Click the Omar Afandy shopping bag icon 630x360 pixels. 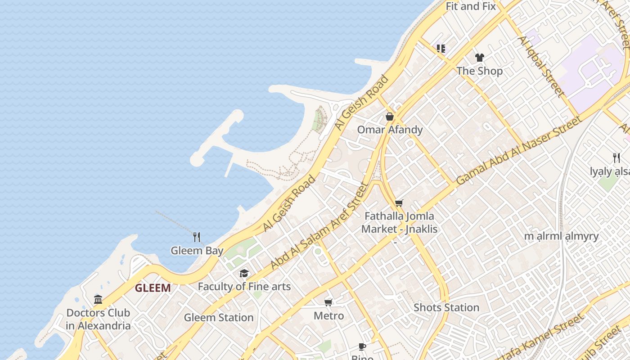point(390,117)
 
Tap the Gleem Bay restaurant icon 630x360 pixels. point(197,237)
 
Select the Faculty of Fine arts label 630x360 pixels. point(244,287)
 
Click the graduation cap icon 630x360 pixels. point(244,273)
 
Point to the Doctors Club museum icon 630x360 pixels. point(98,299)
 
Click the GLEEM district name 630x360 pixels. point(153,288)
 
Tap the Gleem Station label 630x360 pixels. point(219,317)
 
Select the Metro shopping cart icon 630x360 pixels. point(328,302)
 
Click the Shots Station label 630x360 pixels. point(446,308)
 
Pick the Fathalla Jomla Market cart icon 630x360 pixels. point(399,203)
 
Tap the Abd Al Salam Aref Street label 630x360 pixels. point(319,226)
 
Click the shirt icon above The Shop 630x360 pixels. point(480,58)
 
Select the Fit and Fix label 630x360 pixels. point(471,6)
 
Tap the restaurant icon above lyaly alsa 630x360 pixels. point(616,158)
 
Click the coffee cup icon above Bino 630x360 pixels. point(362,346)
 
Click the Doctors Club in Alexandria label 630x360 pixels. point(98,319)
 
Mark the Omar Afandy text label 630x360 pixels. point(390,130)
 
